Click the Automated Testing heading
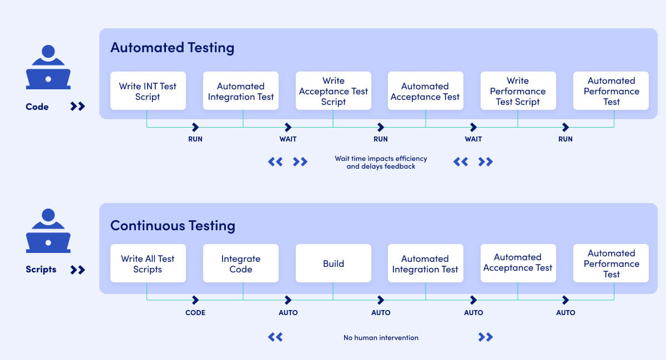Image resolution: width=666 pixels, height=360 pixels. pos(172,48)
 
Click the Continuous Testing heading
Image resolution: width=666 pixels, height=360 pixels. pos(173,226)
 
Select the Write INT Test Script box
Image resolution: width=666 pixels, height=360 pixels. pos(148,91)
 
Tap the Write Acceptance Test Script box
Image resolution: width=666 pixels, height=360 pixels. pos(333,91)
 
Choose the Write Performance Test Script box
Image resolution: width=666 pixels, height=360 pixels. pos(518,91)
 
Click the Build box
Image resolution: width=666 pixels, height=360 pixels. pos(333,263)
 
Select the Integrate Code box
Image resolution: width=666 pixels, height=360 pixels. pos(240,263)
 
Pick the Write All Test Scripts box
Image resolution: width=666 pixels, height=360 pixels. pos(148,263)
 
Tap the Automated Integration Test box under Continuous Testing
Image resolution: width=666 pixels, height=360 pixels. pos(425,263)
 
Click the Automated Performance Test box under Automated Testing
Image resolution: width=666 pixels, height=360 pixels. pos(611,91)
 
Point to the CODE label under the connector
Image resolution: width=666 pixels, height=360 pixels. pos(195,312)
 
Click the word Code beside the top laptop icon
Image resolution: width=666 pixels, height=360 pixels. pos(37,107)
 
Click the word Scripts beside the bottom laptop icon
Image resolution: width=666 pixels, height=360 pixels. pos(41,270)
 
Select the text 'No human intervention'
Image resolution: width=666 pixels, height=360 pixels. pos(381,337)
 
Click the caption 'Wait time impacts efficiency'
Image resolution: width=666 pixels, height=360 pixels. pos(381,159)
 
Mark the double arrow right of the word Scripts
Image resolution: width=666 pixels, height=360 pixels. pos(78,270)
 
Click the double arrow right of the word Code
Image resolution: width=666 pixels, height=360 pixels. pos(78,107)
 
